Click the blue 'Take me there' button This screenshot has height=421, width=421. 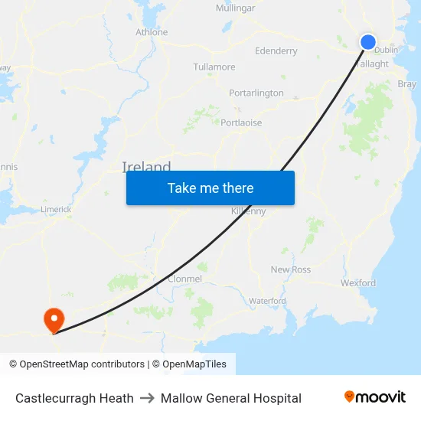(210, 188)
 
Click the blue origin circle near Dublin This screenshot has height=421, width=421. (368, 42)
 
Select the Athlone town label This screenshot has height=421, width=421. (152, 32)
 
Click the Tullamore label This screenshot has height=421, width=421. (214, 67)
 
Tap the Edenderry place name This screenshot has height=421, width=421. (276, 51)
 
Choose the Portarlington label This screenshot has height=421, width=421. (256, 93)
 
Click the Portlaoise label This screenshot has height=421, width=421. (241, 122)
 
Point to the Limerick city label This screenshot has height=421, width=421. (56, 209)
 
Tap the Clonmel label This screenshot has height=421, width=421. (184, 279)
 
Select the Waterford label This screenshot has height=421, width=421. (267, 301)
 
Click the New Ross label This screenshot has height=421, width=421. (291, 269)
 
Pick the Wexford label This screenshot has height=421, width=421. (358, 283)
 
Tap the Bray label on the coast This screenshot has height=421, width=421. (406, 83)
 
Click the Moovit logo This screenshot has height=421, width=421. (375, 397)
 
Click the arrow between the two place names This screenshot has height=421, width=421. (147, 398)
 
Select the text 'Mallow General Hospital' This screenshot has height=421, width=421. (231, 398)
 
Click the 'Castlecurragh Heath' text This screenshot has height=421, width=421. (74, 398)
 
